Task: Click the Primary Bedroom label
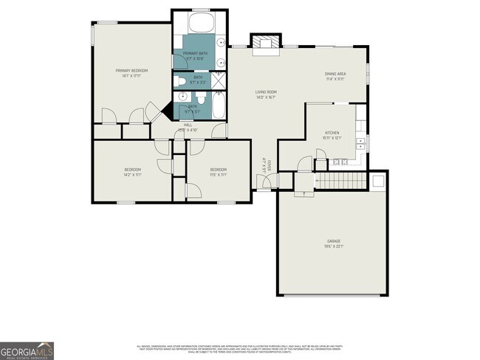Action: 128,71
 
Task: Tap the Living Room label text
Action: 265,92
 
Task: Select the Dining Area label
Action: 335,74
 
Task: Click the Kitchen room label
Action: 332,133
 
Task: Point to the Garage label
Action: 334,240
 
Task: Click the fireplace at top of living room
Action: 265,44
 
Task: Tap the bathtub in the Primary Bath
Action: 200,22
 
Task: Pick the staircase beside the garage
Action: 341,181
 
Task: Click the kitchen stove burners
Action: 340,162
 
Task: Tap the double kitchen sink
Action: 360,142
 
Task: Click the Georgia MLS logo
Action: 27,351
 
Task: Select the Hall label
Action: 188,126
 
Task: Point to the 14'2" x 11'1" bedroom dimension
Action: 131,176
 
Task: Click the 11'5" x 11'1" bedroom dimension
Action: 217,176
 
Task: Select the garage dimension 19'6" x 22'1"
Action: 334,246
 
